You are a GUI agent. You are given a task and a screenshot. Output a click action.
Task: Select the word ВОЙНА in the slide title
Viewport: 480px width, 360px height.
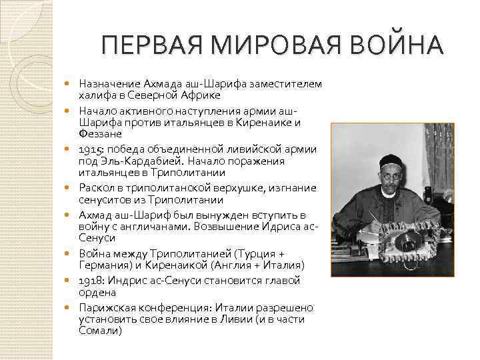click(x=396, y=47)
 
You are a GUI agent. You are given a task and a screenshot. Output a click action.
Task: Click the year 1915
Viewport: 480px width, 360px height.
click(x=90, y=149)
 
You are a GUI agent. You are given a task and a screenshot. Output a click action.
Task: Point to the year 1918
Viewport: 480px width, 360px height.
click(x=90, y=281)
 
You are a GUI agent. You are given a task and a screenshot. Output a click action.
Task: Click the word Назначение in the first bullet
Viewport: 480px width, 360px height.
click(x=109, y=84)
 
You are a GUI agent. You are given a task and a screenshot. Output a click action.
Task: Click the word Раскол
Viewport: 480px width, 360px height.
click(x=96, y=187)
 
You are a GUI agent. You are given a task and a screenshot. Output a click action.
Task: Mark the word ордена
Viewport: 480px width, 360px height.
click(x=97, y=293)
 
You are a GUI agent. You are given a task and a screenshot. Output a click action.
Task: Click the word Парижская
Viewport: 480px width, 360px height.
click(x=109, y=307)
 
